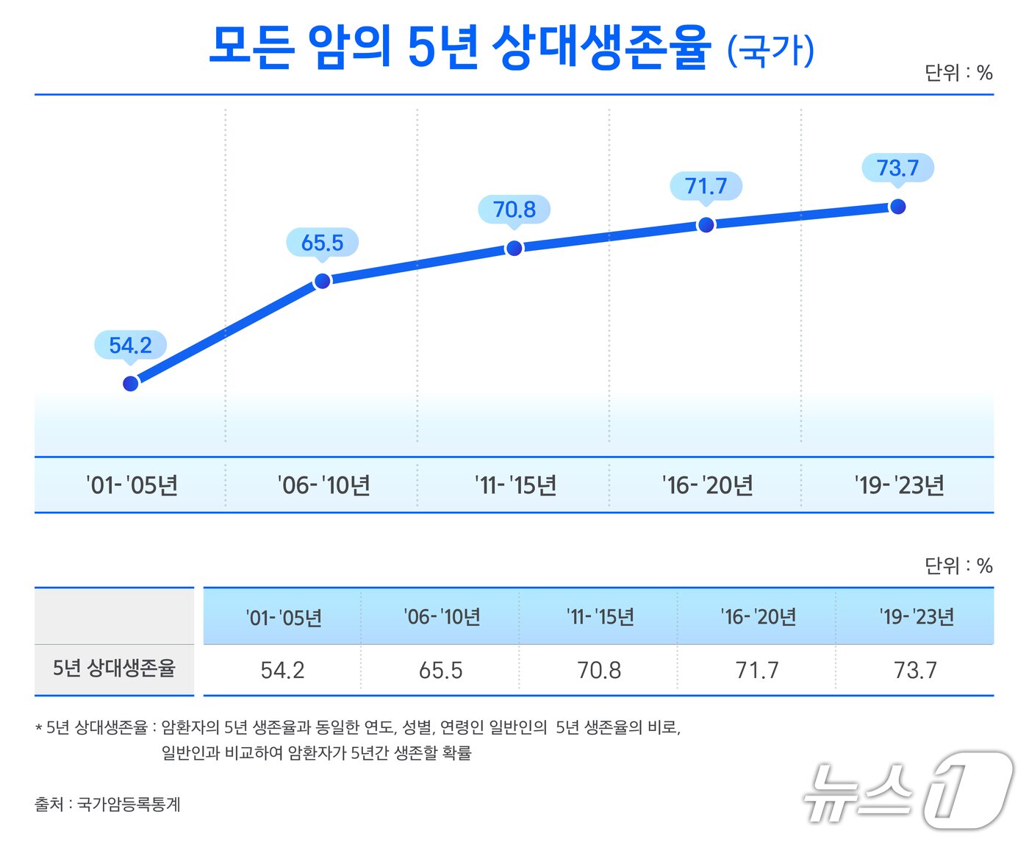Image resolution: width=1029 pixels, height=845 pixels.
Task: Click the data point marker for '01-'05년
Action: click(x=131, y=383)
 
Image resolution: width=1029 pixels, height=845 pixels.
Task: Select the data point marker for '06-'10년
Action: click(x=323, y=280)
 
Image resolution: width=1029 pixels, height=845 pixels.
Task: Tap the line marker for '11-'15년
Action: click(x=514, y=248)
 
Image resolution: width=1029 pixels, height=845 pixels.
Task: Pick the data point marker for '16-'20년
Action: click(x=706, y=224)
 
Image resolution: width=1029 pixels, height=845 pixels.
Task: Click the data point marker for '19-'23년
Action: click(x=897, y=206)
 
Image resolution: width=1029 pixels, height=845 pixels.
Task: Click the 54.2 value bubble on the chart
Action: click(x=131, y=345)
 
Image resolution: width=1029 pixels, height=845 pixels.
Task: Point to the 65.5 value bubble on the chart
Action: click(x=323, y=242)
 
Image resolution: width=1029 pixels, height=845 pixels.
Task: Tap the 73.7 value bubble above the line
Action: click(x=897, y=168)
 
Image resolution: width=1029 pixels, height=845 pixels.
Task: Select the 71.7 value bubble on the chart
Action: click(x=706, y=186)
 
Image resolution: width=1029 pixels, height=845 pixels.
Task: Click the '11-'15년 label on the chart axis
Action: click(x=515, y=485)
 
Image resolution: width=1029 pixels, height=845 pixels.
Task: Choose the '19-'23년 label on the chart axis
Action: click(x=899, y=485)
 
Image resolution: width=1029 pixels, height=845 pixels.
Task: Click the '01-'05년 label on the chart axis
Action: click(x=132, y=485)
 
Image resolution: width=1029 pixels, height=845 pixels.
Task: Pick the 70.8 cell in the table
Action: click(x=599, y=670)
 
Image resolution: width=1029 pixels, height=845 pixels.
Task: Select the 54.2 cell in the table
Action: click(x=282, y=670)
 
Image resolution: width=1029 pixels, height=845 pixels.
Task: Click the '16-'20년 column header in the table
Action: click(x=758, y=617)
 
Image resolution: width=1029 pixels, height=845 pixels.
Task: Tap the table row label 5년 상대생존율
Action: click(x=114, y=668)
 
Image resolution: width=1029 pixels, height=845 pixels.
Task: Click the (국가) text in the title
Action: click(x=771, y=50)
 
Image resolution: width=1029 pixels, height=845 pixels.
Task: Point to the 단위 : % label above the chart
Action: click(x=958, y=73)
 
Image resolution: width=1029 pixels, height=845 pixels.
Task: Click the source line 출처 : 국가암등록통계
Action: click(x=107, y=804)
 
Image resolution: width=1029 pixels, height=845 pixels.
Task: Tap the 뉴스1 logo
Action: click(x=908, y=791)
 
